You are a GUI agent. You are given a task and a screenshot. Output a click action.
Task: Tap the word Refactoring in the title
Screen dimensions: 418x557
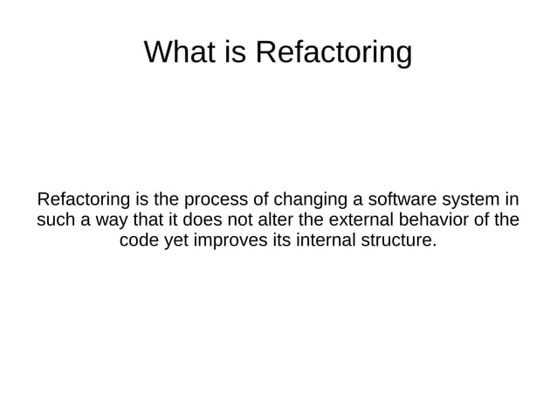333,53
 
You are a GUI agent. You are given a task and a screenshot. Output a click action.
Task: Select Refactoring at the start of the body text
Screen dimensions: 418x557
80,196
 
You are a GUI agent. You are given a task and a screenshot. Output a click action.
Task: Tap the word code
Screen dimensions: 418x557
138,240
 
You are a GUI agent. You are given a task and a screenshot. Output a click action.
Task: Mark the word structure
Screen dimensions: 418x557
396,240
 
